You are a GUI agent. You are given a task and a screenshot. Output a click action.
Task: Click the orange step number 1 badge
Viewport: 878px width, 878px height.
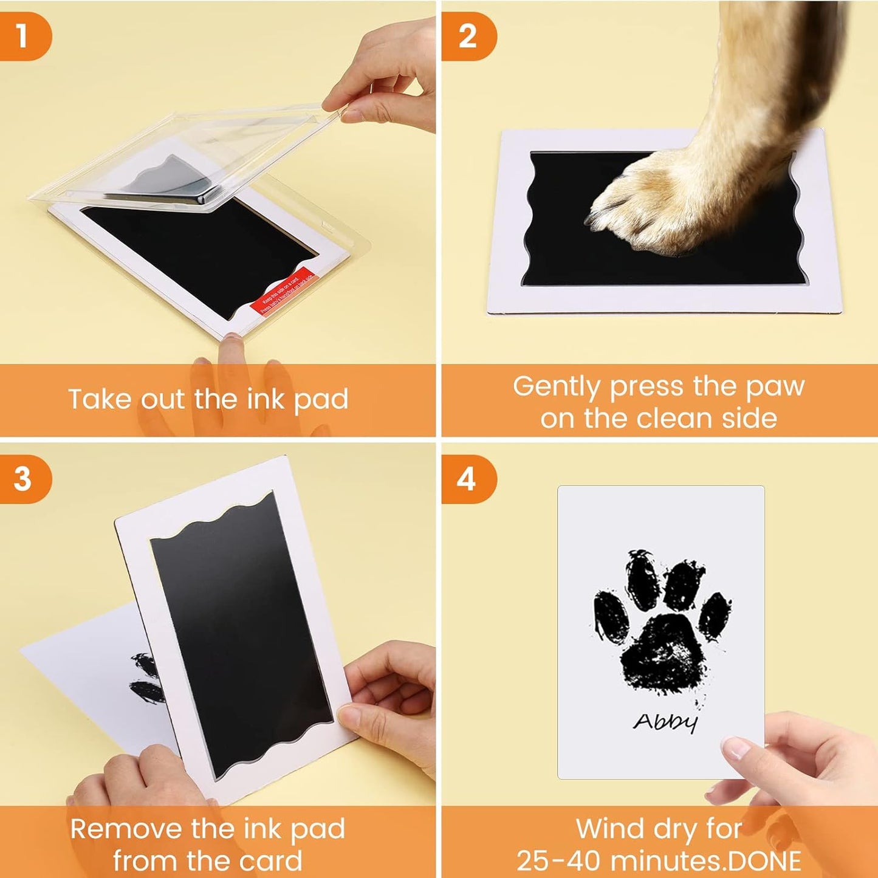[x=23, y=36]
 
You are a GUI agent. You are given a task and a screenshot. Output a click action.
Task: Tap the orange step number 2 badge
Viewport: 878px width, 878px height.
[x=467, y=36]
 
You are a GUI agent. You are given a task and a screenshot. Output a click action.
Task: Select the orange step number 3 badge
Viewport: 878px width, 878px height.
[x=23, y=479]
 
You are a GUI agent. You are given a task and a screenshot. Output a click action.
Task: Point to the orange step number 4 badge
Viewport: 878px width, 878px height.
[x=467, y=479]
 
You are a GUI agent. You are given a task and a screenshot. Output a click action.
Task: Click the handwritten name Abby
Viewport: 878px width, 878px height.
[x=665, y=721]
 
